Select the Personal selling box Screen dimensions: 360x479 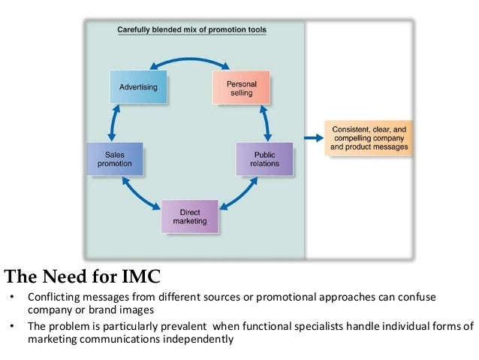click(236, 86)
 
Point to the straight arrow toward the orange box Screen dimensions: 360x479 click(313, 138)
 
